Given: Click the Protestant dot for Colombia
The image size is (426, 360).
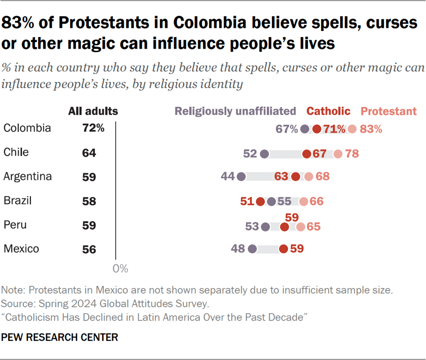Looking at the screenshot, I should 352,129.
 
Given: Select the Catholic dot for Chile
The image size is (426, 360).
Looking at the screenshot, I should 307,154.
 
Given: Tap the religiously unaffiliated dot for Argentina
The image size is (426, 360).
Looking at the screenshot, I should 241,177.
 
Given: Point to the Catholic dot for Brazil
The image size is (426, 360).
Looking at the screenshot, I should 260,201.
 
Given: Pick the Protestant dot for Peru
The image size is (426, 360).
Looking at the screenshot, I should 301,226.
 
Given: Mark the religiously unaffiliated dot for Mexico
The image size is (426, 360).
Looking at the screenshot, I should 253,249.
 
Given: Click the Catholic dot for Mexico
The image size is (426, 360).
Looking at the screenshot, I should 283,249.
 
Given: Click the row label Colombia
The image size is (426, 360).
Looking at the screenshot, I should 27,128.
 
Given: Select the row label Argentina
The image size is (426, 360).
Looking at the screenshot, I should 28,177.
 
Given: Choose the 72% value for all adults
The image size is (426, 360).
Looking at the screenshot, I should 93,129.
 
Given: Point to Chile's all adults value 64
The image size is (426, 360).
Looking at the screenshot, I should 89,153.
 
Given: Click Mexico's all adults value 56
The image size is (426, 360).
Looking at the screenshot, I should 89,249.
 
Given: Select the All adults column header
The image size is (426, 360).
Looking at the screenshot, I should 93,111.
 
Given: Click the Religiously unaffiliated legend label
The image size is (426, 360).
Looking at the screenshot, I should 235,111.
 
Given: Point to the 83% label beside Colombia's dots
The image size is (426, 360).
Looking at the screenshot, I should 371,129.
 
